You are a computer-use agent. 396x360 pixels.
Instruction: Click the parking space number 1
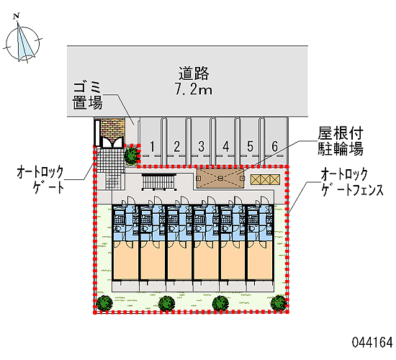coord(152,147)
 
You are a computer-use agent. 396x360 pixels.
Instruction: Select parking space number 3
coord(201,147)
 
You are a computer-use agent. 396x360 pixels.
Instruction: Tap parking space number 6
coord(275,147)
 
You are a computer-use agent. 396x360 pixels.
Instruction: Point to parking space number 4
coord(226,147)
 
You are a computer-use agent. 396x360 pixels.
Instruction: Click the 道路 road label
coord(194,73)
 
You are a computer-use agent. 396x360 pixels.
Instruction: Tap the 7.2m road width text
coord(194,89)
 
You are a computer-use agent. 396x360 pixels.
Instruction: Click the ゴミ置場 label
coord(87,95)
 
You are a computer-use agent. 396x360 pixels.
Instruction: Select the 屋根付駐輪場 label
coord(341,141)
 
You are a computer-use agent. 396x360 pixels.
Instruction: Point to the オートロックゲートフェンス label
coord(352,182)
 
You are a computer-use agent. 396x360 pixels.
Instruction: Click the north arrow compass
coord(22,42)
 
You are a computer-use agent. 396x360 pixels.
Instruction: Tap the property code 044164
coord(372,343)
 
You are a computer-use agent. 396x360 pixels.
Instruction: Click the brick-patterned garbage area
coord(112,129)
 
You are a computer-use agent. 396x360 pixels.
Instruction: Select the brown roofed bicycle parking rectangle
coord(220,178)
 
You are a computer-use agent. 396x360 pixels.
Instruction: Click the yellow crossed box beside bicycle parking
coord(265,179)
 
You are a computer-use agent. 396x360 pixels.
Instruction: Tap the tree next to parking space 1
coord(131,156)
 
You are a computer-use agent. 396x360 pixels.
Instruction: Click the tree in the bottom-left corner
coord(104,302)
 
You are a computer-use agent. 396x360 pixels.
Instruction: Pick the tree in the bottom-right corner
coord(279,303)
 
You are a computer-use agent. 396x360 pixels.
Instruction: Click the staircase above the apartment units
coord(158,182)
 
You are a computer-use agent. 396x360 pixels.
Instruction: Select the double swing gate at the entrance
coord(112,142)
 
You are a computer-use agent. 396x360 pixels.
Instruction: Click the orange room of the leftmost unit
coord(125,260)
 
